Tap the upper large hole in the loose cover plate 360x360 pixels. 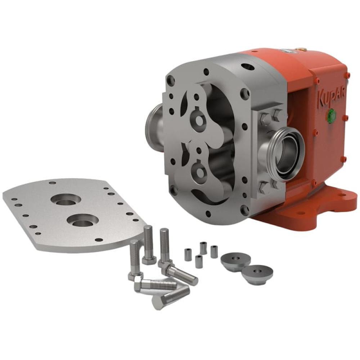pyautogui.click(x=66, y=199)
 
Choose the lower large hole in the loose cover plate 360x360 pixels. pyautogui.click(x=83, y=220)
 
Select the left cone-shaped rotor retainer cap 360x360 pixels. pyautogui.click(x=235, y=262)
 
